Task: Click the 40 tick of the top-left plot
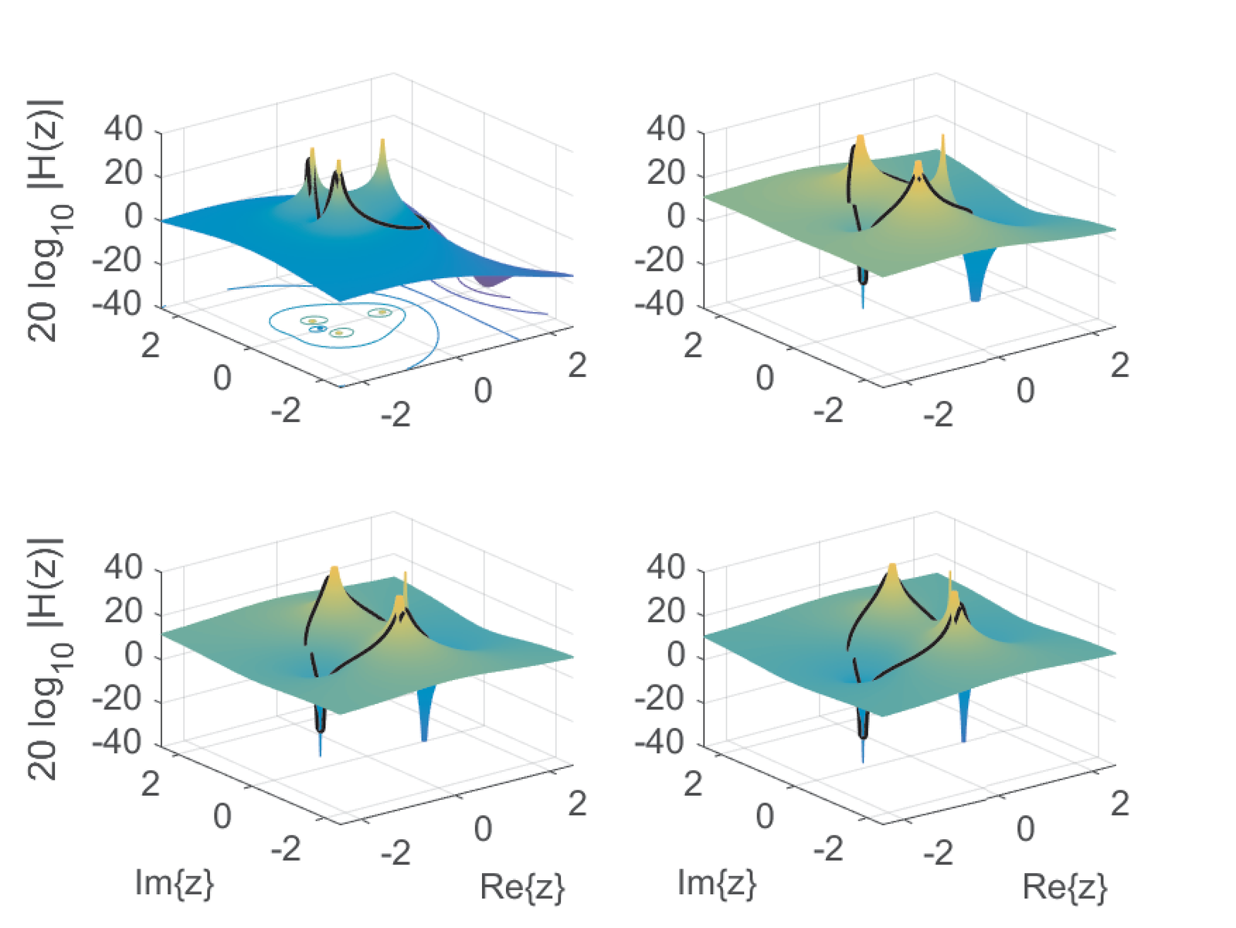click(x=124, y=128)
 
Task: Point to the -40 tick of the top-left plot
click(x=117, y=304)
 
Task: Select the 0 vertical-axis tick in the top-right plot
click(x=676, y=217)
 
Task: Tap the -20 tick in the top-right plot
click(x=660, y=261)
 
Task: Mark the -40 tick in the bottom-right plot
click(x=660, y=743)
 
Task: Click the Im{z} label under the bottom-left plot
click(x=174, y=882)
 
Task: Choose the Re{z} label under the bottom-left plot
click(x=522, y=887)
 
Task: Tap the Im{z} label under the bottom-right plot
click(x=716, y=882)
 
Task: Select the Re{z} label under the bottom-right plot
click(x=1065, y=887)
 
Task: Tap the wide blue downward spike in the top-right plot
click(x=975, y=286)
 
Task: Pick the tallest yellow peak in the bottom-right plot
click(x=892, y=570)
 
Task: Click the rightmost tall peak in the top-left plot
click(x=382, y=147)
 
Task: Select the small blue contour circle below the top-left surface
click(x=317, y=329)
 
